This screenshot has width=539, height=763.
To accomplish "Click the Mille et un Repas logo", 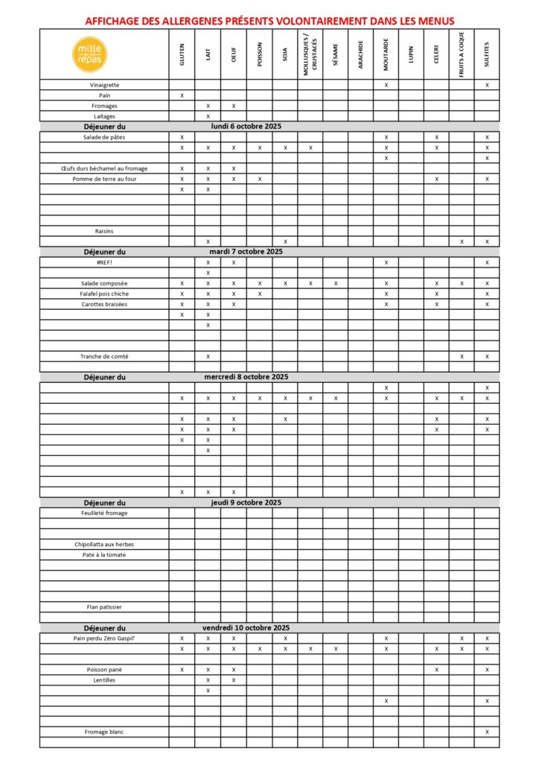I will (x=91, y=54).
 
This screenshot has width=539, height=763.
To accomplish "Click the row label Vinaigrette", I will (x=104, y=85).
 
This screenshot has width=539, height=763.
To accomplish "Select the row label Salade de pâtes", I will (x=104, y=137).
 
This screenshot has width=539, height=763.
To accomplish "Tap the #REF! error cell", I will (x=104, y=262).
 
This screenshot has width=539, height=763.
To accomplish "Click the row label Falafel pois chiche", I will (x=104, y=294).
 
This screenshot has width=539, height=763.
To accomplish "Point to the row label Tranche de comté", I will (x=104, y=356).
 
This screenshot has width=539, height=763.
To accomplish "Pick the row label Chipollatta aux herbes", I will (x=104, y=544).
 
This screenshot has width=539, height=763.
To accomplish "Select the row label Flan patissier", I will (x=104, y=607).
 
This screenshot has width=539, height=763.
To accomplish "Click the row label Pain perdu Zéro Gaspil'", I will (x=104, y=639).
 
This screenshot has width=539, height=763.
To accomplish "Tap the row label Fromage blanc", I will (x=104, y=732).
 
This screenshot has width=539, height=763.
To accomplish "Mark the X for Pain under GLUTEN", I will (x=182, y=95).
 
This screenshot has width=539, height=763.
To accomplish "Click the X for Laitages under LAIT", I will (x=208, y=116).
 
